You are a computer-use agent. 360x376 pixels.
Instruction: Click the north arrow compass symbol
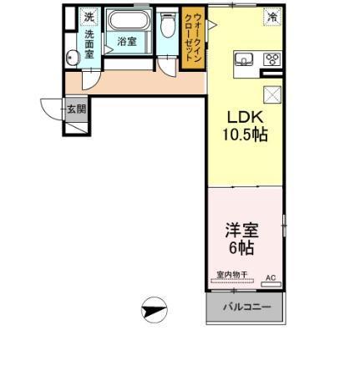coord(155,311)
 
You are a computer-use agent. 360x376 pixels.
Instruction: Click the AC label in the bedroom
coord(270,277)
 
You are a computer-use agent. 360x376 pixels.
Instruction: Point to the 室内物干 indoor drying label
coord(231,275)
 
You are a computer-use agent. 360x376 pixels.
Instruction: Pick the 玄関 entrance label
coord(76,109)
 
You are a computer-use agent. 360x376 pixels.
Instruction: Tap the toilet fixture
coord(167,27)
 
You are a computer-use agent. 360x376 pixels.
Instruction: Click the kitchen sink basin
coord(244,58)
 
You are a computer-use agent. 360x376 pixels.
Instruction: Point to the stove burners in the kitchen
coord(271,58)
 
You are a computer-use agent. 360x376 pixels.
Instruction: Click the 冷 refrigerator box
coord(271,16)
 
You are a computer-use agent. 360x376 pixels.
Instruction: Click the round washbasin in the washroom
coord(73,57)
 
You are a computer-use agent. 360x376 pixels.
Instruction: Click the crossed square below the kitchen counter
coord(271,94)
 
